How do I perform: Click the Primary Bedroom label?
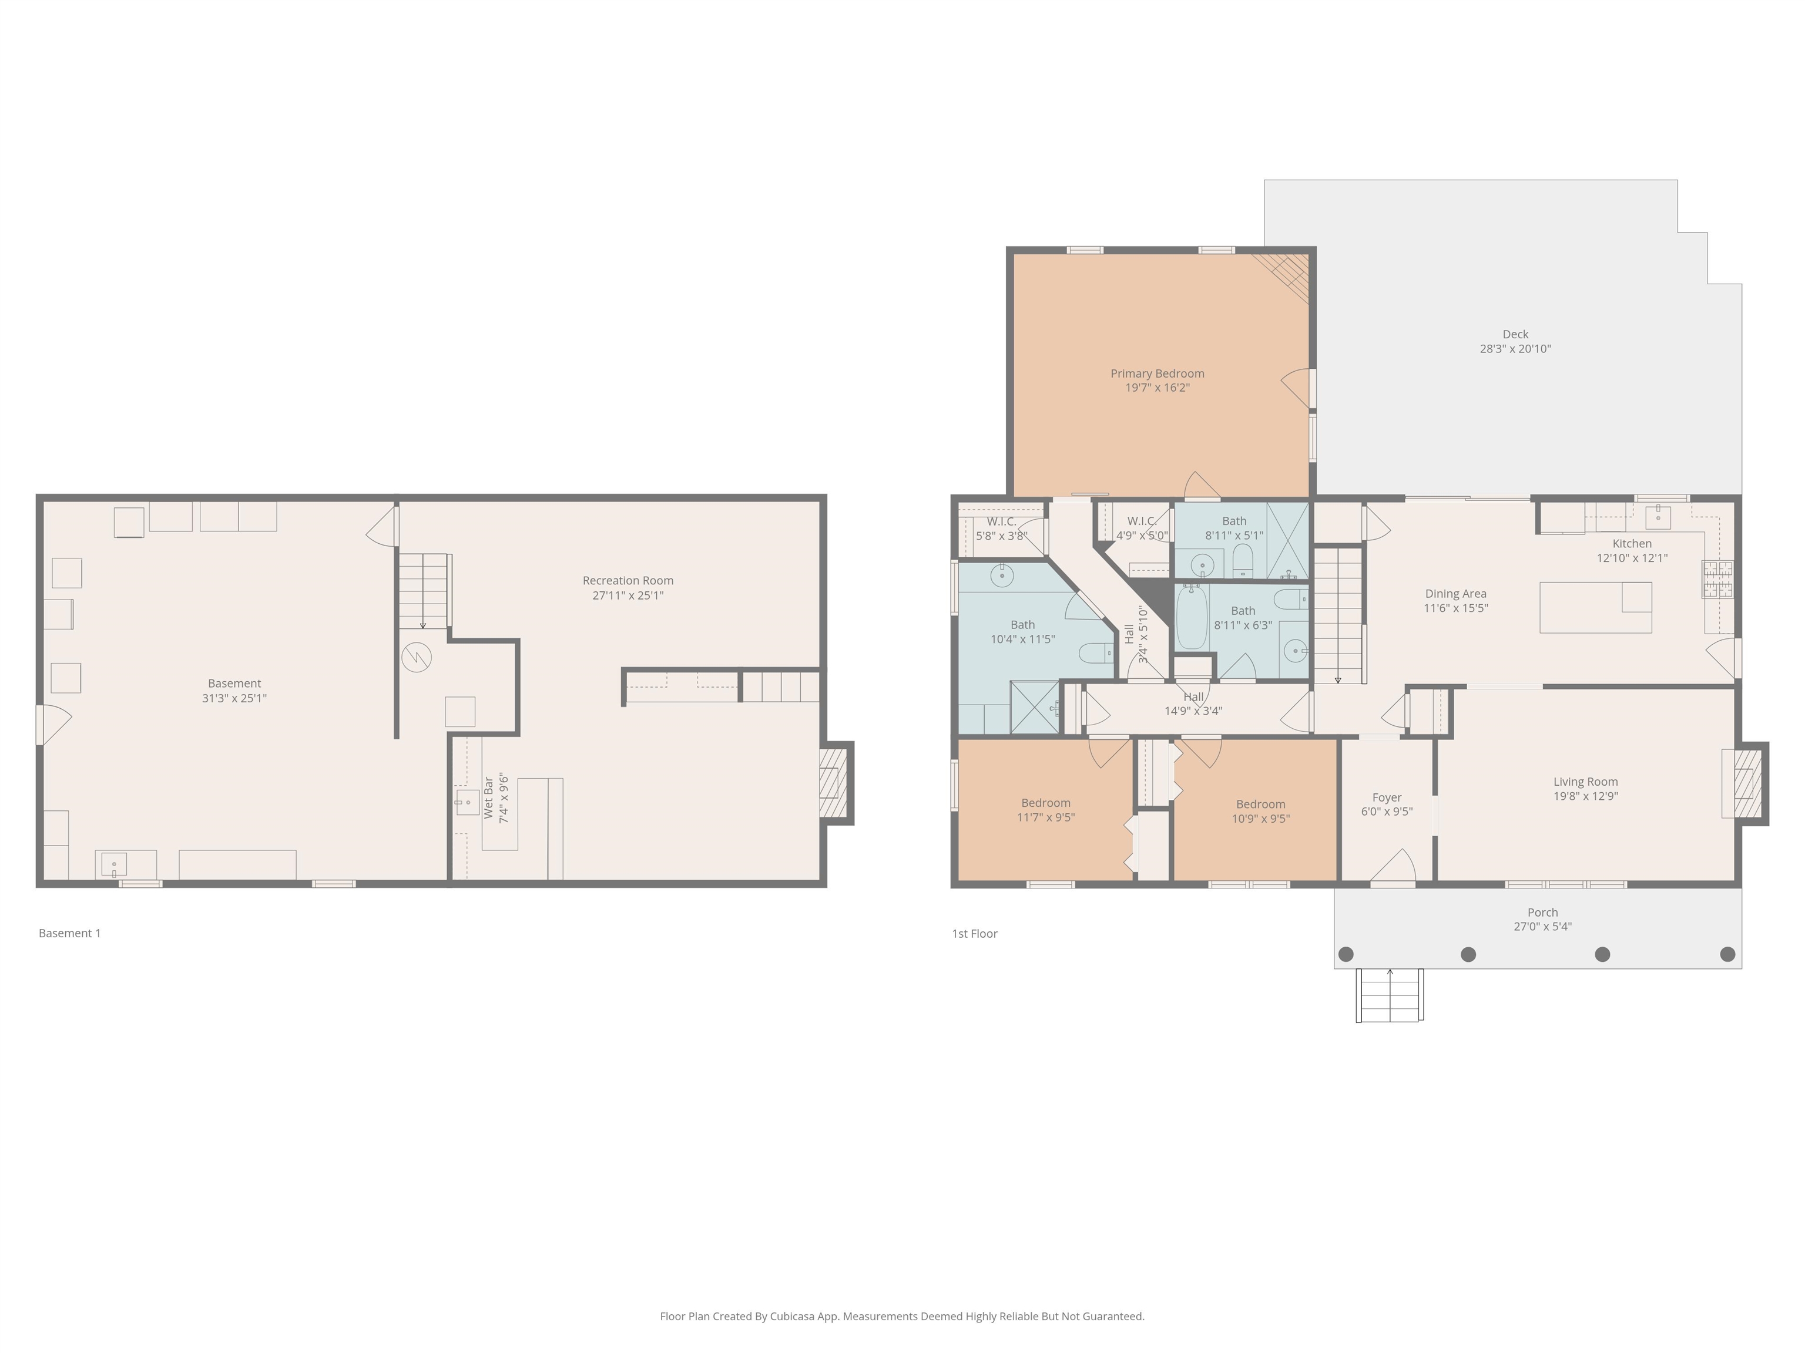point(1157,373)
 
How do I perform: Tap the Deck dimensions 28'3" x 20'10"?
point(1515,349)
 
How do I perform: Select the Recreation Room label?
point(628,581)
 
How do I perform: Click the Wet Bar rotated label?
point(489,799)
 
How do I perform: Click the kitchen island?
point(1595,608)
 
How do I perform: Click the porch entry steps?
point(1390,995)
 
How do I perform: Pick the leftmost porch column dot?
point(1347,954)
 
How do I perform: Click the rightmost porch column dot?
point(1727,954)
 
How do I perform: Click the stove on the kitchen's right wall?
point(1717,579)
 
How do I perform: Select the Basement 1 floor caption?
point(69,933)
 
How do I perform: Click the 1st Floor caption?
point(974,934)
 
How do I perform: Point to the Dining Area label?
point(1456,594)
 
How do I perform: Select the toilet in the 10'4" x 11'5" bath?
point(1096,652)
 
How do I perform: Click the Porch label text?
point(1542,913)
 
